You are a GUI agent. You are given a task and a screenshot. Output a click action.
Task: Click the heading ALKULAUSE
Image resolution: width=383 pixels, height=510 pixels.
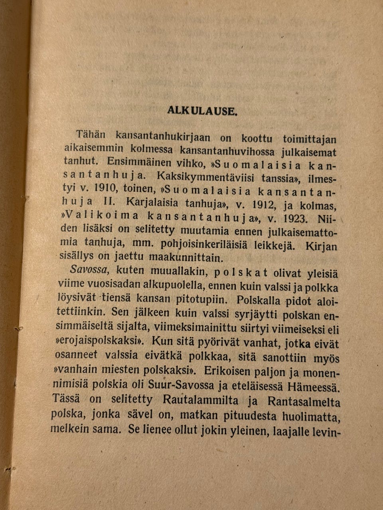(x=203, y=111)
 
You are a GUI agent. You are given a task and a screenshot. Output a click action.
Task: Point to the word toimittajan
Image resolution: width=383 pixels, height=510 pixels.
(x=310, y=139)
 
